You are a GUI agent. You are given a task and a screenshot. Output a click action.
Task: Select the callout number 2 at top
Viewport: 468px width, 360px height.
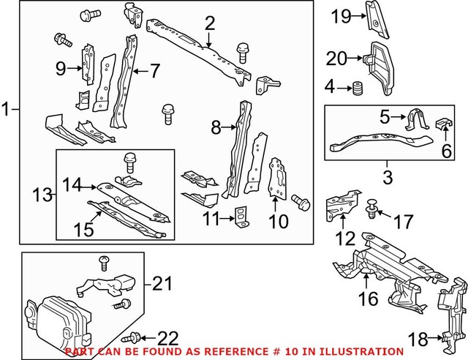point(210,24)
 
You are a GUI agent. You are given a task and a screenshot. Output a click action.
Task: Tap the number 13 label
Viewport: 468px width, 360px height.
point(42,195)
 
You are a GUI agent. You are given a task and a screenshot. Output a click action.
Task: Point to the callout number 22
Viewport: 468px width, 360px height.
point(167,337)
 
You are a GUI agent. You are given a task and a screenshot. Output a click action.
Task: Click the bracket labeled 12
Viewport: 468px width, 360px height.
point(343,205)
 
